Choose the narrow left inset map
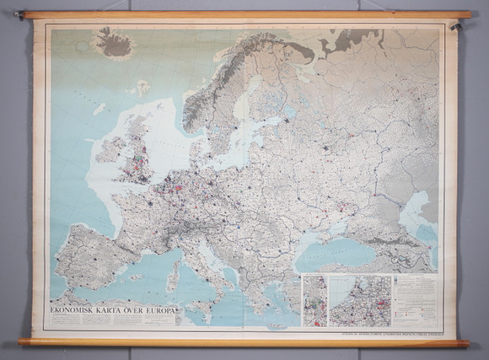314,300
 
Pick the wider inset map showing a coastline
360,300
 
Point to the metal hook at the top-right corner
456,26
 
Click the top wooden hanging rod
244,14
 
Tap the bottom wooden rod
244,343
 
